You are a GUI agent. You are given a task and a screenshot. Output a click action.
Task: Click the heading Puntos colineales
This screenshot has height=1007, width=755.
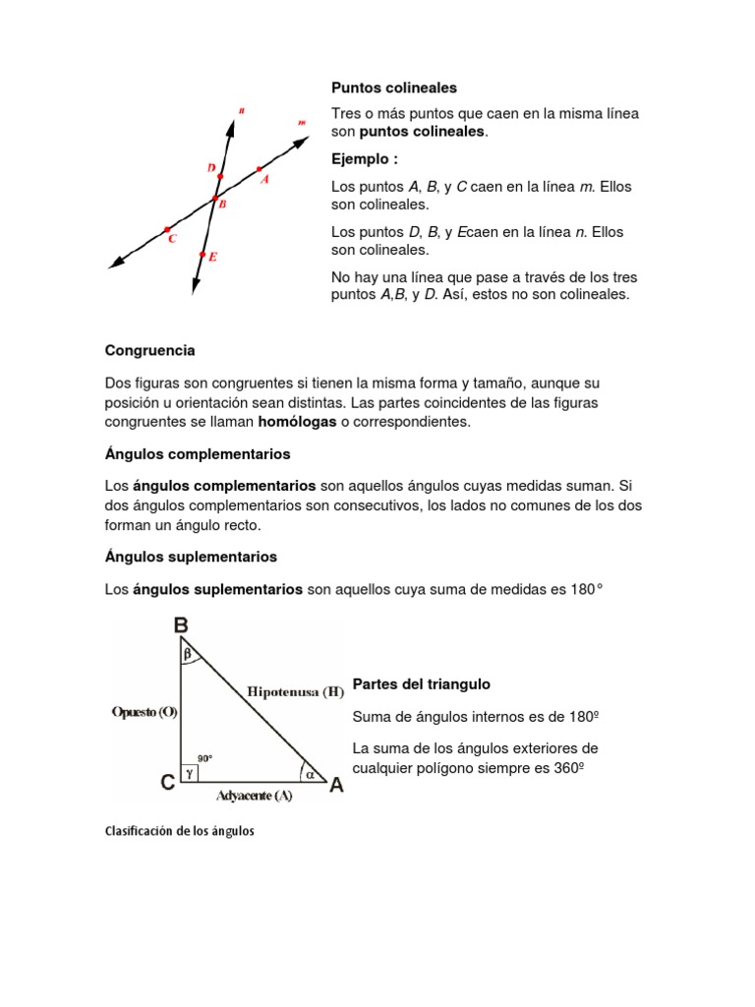pos(394,89)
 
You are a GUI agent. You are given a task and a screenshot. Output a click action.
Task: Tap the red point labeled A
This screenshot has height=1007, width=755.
pos(259,169)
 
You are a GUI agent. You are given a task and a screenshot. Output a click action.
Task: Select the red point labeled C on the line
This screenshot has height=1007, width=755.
pos(166,229)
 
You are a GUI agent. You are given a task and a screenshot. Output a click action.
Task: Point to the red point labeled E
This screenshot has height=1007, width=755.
pos(203,256)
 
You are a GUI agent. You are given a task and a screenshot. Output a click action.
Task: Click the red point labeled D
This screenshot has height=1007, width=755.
pos(220,177)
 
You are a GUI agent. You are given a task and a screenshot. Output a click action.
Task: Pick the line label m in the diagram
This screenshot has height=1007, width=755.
pos(301,123)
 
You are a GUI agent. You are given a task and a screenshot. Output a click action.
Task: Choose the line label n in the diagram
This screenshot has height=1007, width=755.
pos(241,112)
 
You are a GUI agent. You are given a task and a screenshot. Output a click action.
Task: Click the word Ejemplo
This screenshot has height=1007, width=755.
pos(364,159)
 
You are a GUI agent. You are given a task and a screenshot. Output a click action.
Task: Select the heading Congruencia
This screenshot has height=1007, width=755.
pos(149,350)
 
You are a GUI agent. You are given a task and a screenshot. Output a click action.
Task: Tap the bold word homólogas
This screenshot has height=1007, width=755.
pos(297,422)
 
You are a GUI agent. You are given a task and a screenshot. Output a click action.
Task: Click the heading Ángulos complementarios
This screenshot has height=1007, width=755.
pos(198,454)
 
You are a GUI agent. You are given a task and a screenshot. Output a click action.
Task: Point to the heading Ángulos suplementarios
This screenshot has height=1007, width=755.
pos(191,557)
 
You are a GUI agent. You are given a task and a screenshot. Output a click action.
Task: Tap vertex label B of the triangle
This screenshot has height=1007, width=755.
pos(181,624)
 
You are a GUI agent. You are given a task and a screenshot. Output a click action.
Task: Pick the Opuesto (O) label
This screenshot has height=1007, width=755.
pos(144,713)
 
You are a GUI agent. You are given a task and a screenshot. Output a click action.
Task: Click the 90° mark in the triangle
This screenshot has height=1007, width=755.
pos(204,758)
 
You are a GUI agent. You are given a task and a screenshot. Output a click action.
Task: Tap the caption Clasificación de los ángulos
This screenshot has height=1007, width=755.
pos(179,831)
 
